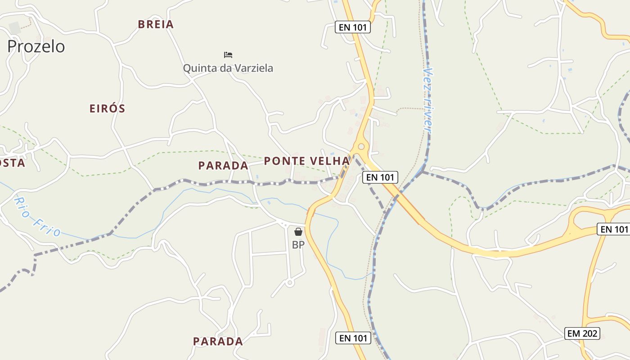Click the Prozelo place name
coord(36,46)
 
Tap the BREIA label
coord(156,24)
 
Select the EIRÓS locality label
coord(107,108)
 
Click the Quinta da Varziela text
coord(228,68)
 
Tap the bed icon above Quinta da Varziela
coord(228,55)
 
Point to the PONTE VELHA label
coord(306,161)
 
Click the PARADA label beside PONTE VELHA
coord(223,166)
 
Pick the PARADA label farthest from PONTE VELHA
coord(218,341)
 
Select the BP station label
coord(298,245)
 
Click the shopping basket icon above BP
coord(298,232)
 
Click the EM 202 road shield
coord(582,333)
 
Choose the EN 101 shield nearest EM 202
coord(612,229)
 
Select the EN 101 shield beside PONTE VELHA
coord(380,177)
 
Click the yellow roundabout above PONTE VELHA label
coord(360,147)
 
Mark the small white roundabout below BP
coord(290,283)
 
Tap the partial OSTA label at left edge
coord(13,163)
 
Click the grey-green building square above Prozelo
coord(14,27)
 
